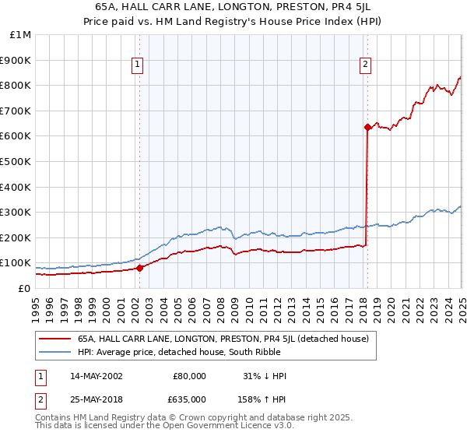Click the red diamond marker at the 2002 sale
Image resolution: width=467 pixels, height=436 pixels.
140,268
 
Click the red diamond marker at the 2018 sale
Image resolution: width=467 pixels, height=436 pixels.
367,127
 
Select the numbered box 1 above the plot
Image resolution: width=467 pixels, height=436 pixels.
137,65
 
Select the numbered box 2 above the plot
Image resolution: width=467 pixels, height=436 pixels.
365,65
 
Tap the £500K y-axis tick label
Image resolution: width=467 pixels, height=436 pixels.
16,162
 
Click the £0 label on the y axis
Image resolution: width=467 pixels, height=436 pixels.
24,288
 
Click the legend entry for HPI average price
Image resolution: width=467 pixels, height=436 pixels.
173,352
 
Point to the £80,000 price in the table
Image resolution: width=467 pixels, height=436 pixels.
189,376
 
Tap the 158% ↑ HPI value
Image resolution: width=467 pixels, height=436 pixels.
263,399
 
